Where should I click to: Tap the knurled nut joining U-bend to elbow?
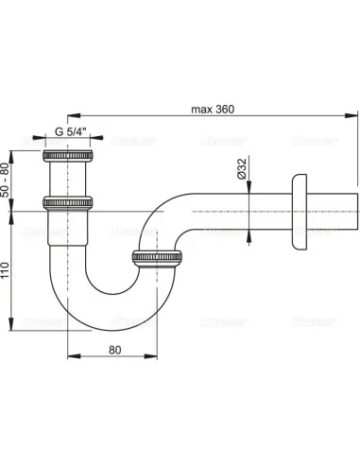pyautogui.click(x=157, y=258)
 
